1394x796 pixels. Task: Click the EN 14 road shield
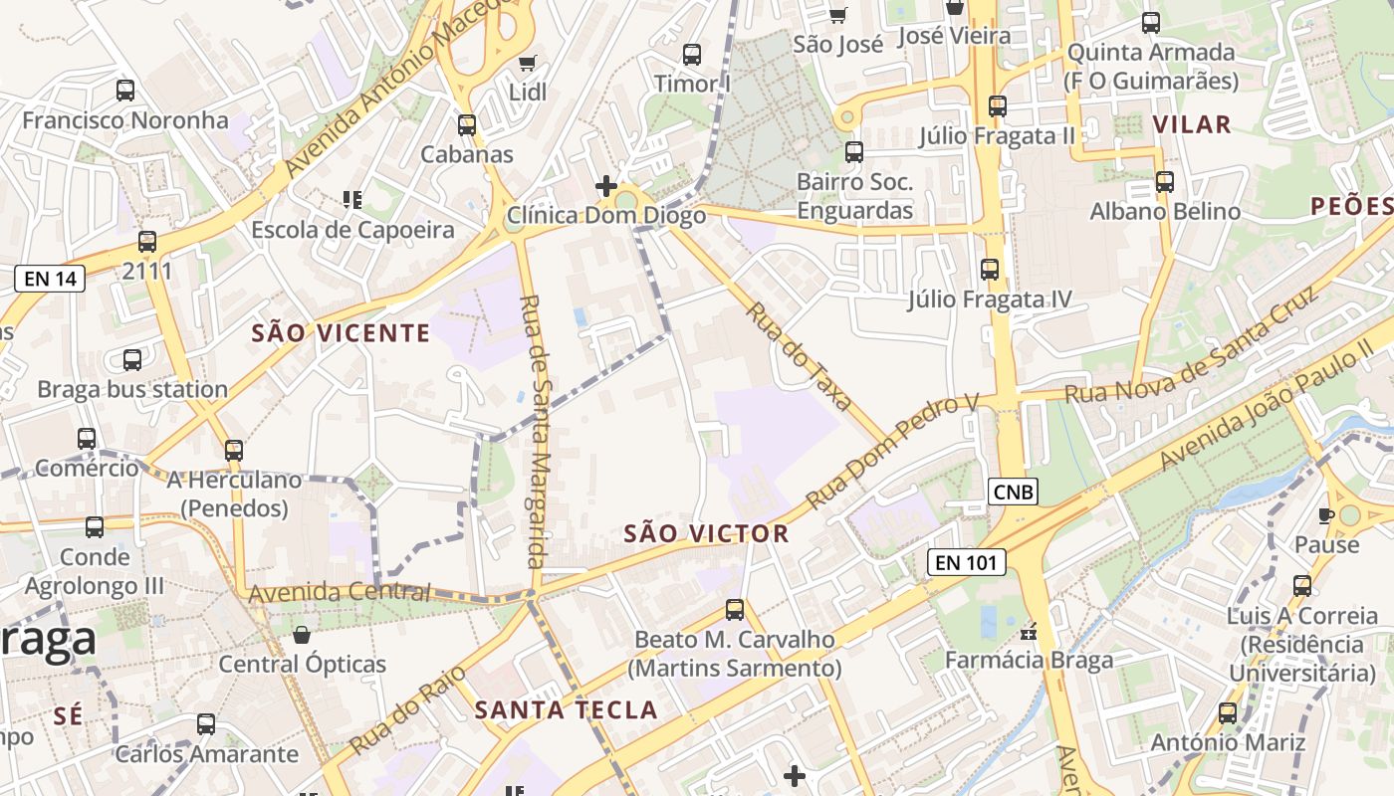[x=50, y=279]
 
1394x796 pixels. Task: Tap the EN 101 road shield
[x=966, y=562]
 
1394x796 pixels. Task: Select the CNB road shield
[x=1014, y=491]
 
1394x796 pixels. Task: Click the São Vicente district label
[x=341, y=333]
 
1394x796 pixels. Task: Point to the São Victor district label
[x=706, y=534]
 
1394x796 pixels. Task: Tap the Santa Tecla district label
[x=566, y=710]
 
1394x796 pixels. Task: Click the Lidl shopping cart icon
[x=528, y=64]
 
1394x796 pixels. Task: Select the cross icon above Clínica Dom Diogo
[x=605, y=186]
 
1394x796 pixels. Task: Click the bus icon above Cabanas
[x=467, y=125]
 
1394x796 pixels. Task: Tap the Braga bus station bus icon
[x=132, y=360]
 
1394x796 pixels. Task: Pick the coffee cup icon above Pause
[x=1325, y=515]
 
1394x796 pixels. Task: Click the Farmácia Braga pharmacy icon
[x=1030, y=632]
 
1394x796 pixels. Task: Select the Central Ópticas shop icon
[x=302, y=635]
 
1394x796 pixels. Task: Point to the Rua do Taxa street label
[x=800, y=356]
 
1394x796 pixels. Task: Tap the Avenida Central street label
[x=340, y=593]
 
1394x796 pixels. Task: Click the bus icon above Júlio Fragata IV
[x=990, y=270]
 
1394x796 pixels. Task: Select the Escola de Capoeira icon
[x=351, y=200]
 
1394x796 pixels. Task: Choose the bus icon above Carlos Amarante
[x=206, y=724]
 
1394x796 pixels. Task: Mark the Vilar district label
[x=1192, y=124]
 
